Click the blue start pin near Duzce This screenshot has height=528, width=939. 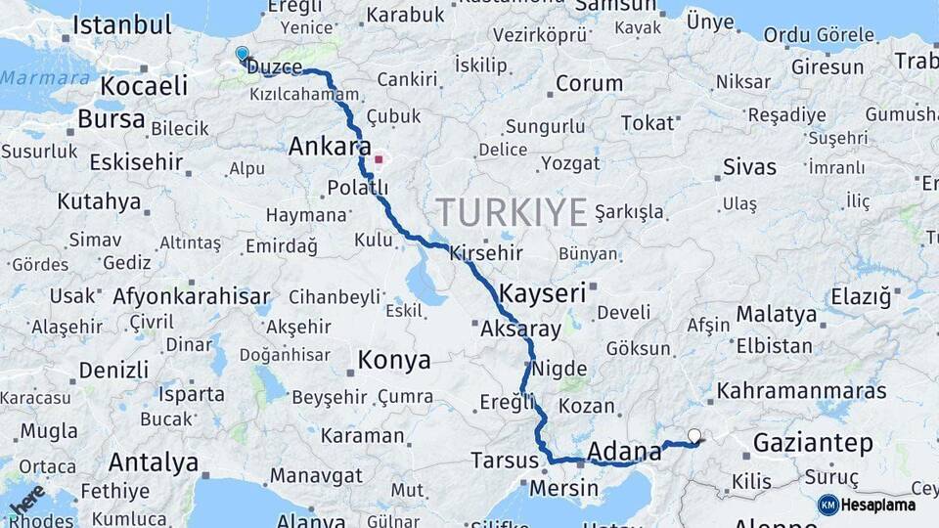[242, 55]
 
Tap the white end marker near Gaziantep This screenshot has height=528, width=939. [694, 436]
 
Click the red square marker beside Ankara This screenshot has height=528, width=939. [379, 158]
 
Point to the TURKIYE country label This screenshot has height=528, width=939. [512, 212]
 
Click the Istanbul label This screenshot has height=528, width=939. [122, 24]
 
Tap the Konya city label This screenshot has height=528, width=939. [394, 360]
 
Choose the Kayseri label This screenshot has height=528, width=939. [542, 292]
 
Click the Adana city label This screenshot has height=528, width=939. [625, 452]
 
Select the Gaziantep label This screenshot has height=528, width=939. [813, 443]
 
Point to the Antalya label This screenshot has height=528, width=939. [154, 462]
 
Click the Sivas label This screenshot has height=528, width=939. [749, 167]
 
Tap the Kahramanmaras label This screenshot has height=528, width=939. [801, 391]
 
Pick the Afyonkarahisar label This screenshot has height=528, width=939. [192, 295]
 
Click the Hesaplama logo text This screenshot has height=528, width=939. [879, 506]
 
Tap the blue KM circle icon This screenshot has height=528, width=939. [827, 506]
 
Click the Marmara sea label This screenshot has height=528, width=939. [46, 78]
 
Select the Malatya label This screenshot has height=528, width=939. [776, 315]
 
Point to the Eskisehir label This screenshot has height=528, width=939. [136, 161]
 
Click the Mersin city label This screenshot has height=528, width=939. [563, 487]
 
